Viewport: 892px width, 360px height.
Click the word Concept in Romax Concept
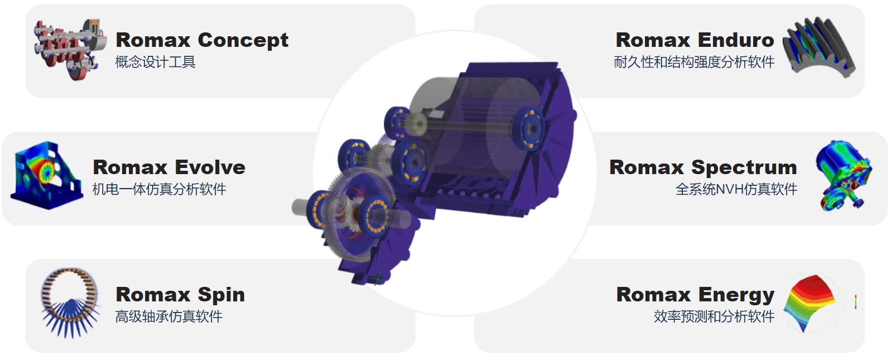[243, 40]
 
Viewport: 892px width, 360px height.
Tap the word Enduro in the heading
[736, 40]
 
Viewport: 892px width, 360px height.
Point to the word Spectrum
[744, 168]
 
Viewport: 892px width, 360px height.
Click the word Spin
[221, 295]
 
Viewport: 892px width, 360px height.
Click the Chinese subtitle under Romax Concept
[155, 62]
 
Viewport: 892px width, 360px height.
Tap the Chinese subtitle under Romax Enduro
[694, 62]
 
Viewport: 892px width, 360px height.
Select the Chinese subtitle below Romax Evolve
[160, 189]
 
